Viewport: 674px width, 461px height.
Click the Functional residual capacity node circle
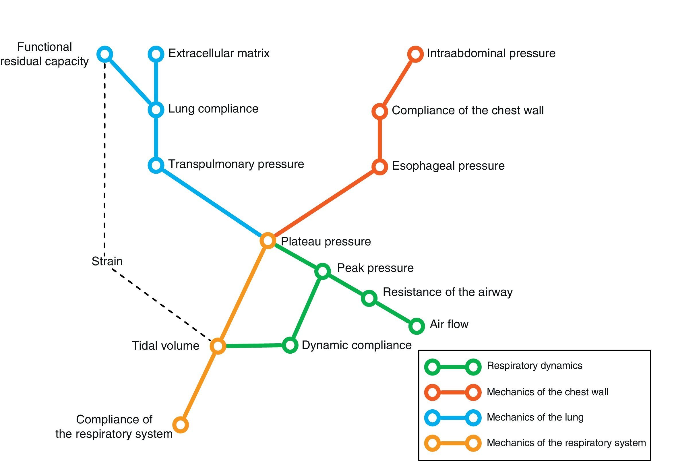tap(104, 54)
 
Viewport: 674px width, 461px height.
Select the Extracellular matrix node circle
tap(156, 54)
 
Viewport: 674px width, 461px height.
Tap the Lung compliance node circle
tap(156, 110)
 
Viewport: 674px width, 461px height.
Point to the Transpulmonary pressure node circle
tap(156, 165)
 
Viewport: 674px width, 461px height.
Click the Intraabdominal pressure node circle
tap(415, 54)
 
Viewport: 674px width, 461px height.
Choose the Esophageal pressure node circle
tap(380, 167)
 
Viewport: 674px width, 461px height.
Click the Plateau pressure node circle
tap(268, 240)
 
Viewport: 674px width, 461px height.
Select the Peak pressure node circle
tap(322, 271)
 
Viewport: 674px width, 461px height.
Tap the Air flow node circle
tap(417, 326)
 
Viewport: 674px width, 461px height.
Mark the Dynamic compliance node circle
tap(290, 345)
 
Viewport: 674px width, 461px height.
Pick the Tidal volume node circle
tap(218, 346)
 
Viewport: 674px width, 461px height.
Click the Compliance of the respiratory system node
tap(180, 425)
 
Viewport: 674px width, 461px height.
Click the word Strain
tap(107, 261)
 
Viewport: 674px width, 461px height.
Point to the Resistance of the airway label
tap(448, 292)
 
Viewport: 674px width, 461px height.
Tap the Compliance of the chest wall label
tap(468, 111)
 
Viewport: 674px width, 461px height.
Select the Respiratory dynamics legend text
tap(534, 366)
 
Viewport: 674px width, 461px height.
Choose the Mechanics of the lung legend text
tap(535, 417)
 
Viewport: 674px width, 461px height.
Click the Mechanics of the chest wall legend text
tap(547, 392)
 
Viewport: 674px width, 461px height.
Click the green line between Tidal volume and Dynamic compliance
tap(254, 346)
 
